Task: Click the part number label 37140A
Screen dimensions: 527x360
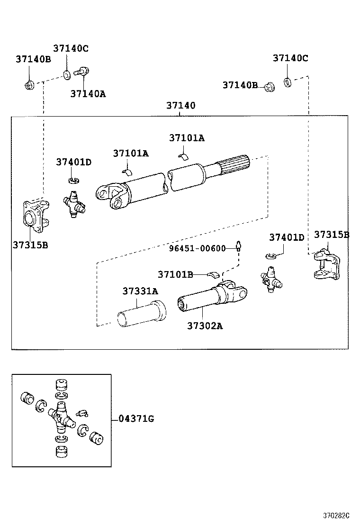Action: pos(88,94)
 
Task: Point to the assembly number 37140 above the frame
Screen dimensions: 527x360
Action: pos(180,105)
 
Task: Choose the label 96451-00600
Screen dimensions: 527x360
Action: pos(198,248)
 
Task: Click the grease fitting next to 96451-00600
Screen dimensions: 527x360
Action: pos(240,246)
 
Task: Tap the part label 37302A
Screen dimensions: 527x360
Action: pos(205,326)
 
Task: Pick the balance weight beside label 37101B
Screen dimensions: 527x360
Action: pos(213,274)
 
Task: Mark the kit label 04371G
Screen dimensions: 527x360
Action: pos(136,418)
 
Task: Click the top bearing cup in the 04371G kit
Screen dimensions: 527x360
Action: pos(61,384)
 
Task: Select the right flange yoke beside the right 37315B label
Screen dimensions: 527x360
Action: pos(325,264)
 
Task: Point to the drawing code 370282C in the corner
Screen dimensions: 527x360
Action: pos(336,515)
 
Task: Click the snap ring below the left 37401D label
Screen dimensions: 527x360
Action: pos(73,180)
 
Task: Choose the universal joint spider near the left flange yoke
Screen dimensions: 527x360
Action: pos(74,204)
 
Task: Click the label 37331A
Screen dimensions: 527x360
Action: pos(140,291)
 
